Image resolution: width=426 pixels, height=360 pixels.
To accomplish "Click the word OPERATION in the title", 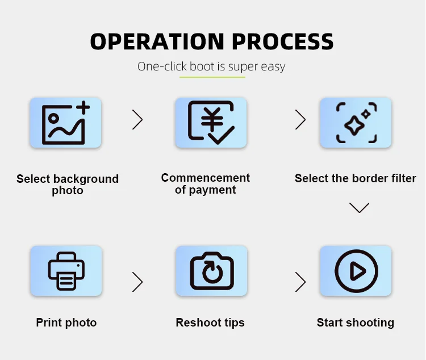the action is [x=157, y=41].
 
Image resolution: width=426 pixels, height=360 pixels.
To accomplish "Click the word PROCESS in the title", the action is [x=283, y=41].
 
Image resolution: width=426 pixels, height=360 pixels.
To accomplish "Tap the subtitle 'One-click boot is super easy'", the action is [x=211, y=66].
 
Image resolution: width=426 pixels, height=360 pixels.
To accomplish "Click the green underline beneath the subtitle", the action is [x=212, y=77].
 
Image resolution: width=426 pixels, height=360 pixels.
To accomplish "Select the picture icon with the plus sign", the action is [x=65, y=122].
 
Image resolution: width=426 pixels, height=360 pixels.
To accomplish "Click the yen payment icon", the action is [x=211, y=122].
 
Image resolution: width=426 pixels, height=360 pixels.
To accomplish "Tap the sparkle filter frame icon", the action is [x=356, y=122].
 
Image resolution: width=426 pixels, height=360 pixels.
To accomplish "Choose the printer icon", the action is [x=65, y=271].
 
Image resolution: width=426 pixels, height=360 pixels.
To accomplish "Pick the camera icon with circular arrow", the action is [x=211, y=271].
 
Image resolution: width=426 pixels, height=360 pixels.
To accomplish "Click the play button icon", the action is [x=356, y=271].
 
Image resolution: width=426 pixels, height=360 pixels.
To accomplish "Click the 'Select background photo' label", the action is [x=68, y=185].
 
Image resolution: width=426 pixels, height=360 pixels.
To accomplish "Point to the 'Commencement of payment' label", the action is [x=206, y=184].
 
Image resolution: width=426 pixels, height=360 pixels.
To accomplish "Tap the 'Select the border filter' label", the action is [x=356, y=178].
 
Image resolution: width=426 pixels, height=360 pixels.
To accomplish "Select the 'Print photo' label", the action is [x=66, y=323].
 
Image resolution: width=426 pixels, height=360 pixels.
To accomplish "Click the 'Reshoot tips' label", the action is [x=210, y=323].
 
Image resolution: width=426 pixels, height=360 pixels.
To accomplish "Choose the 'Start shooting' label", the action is [x=356, y=323].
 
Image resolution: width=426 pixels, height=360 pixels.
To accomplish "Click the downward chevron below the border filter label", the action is [x=359, y=208].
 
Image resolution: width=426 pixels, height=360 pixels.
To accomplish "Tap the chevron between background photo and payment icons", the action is [x=137, y=119].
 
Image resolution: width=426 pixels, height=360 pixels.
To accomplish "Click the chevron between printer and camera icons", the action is [x=137, y=281].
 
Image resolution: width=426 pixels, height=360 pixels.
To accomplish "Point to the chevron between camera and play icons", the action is [x=300, y=281].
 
